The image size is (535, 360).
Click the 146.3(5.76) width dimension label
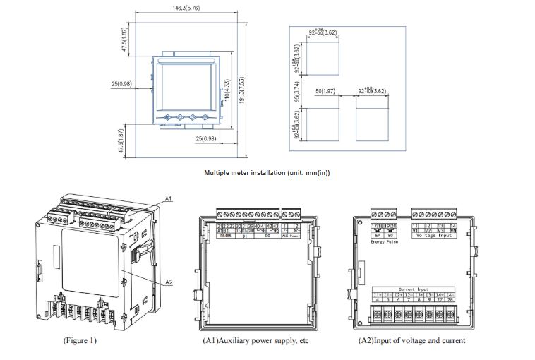click(x=187, y=8)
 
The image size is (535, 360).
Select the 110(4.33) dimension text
click(x=227, y=90)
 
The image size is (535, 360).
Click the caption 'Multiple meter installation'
click(x=267, y=172)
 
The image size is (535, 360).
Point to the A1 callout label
click(x=169, y=200)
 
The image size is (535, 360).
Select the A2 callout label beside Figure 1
click(x=169, y=282)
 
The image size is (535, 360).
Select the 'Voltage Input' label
click(x=435, y=235)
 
